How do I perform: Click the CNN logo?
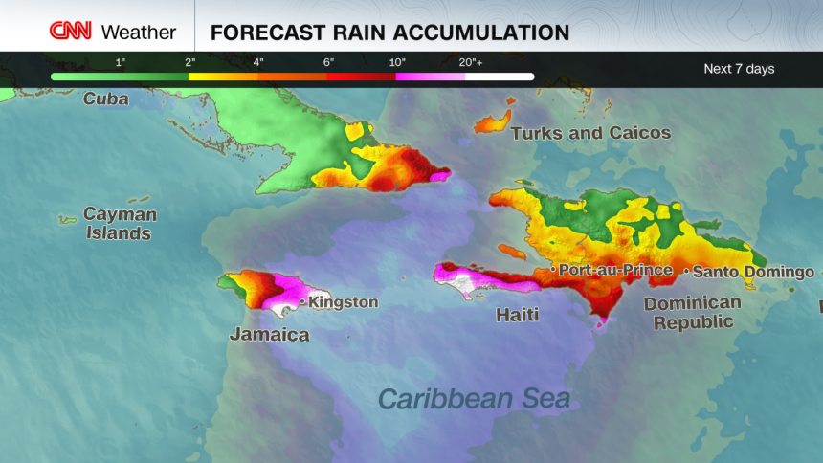(x=70, y=31)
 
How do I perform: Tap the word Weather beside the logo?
(x=139, y=32)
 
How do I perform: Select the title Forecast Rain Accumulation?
(x=389, y=32)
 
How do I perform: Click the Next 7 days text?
(x=739, y=69)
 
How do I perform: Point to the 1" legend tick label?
(x=121, y=62)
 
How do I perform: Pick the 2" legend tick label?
(x=189, y=62)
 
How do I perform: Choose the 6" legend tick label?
(x=327, y=62)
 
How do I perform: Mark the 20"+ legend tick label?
(x=470, y=62)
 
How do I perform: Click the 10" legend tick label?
(x=397, y=62)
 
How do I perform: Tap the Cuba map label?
(x=105, y=99)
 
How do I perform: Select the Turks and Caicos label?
(x=590, y=133)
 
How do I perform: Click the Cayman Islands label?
(x=119, y=223)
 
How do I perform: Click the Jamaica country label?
(x=269, y=334)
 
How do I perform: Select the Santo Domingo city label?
(x=753, y=272)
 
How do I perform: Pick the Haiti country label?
(x=517, y=314)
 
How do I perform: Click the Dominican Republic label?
(x=692, y=312)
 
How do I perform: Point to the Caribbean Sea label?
(x=474, y=397)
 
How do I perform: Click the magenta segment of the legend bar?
(x=431, y=77)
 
